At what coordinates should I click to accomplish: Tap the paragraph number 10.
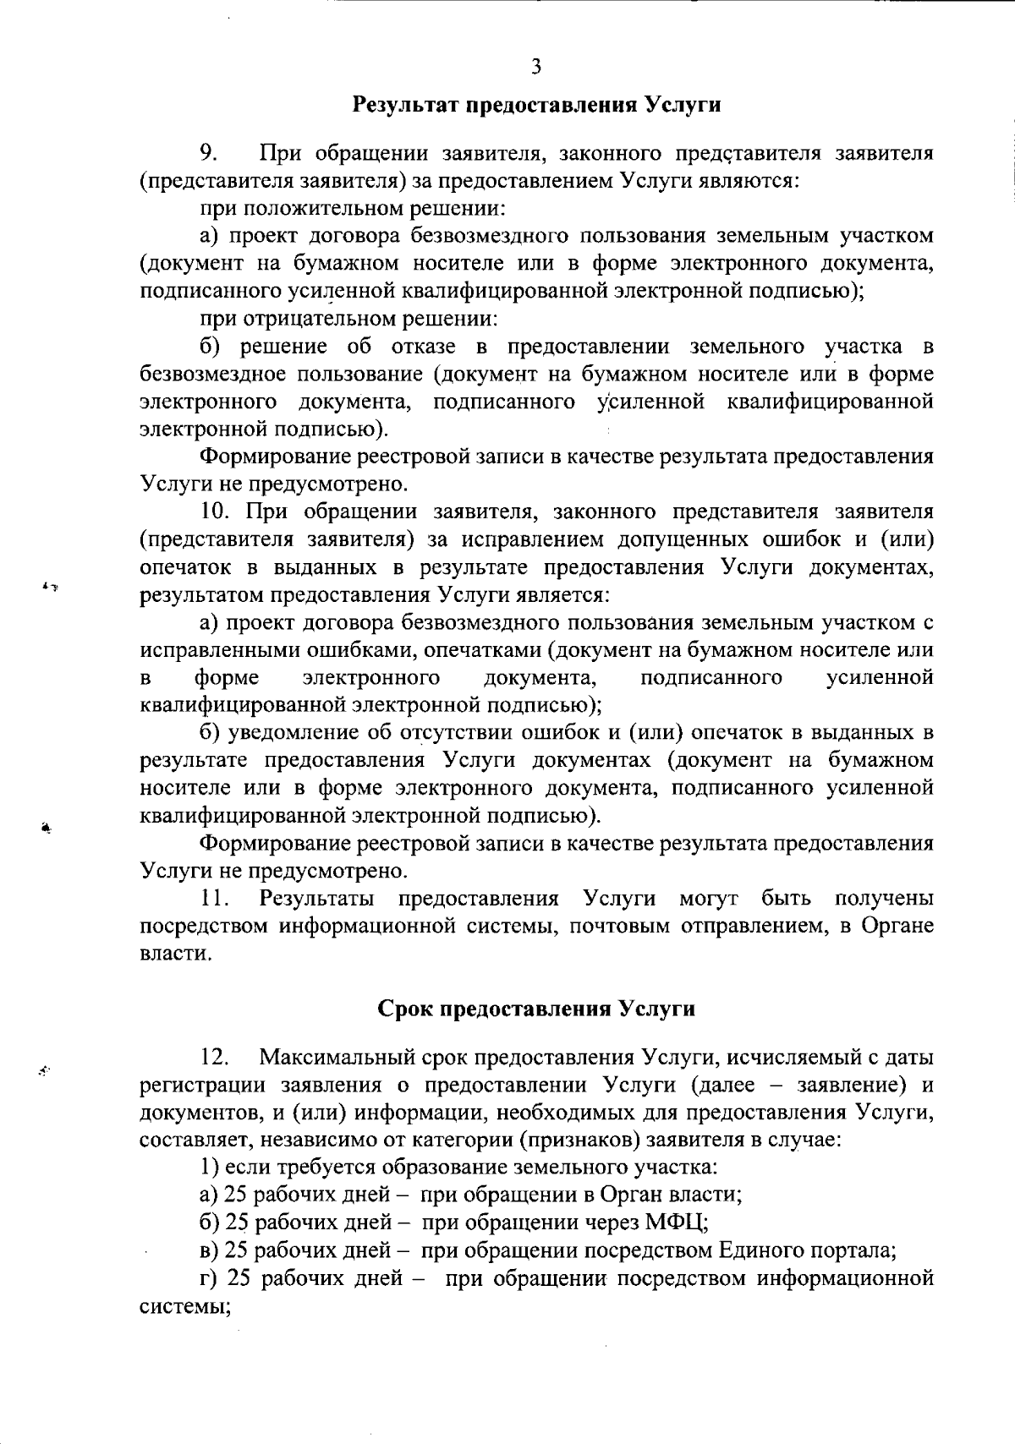[216, 511]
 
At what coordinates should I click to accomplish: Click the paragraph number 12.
[216, 1057]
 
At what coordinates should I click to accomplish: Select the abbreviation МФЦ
[674, 1222]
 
